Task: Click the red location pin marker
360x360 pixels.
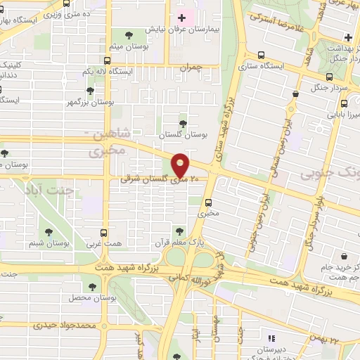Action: pyautogui.click(x=181, y=165)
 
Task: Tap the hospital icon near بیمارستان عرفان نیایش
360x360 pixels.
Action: pyautogui.click(x=182, y=18)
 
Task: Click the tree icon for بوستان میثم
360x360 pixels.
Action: pyautogui.click(x=128, y=34)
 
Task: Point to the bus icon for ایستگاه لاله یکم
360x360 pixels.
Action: pyautogui.click(x=106, y=60)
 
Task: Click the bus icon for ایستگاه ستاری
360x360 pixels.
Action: pyautogui.click(x=262, y=54)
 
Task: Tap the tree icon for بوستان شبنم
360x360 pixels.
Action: pyautogui.click(x=49, y=232)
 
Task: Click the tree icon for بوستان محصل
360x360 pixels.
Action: pyautogui.click(x=93, y=286)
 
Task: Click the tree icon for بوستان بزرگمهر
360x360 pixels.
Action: pyautogui.click(x=90, y=91)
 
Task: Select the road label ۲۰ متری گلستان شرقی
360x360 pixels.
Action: pyautogui.click(x=149, y=180)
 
